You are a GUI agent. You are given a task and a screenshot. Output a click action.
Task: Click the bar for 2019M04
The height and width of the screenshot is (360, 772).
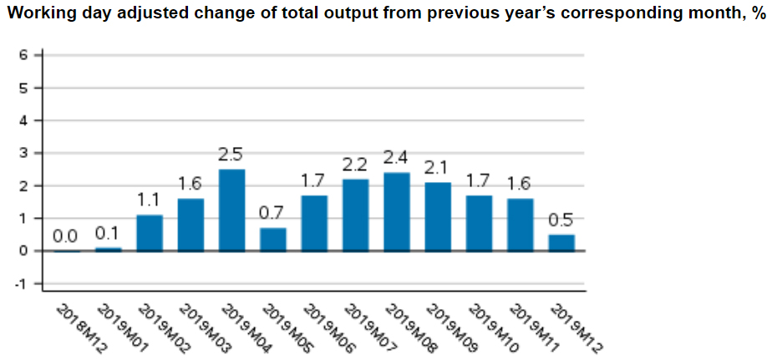(231, 210)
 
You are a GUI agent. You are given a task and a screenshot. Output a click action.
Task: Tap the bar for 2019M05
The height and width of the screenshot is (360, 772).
(273, 239)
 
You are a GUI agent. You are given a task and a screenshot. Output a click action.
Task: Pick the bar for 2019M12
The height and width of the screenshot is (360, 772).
(561, 242)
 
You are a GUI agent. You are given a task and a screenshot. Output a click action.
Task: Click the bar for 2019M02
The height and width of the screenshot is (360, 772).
(150, 232)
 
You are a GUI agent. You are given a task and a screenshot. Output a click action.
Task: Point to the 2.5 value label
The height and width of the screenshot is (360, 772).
(231, 155)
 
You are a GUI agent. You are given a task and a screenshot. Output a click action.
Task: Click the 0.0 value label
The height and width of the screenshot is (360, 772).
(67, 236)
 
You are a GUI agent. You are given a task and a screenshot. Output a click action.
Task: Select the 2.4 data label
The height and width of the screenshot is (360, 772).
(396, 158)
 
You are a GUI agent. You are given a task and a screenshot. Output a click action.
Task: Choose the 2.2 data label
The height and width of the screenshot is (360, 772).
(355, 165)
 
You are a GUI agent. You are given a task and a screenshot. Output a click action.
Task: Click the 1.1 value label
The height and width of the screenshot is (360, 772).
(150, 200)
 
